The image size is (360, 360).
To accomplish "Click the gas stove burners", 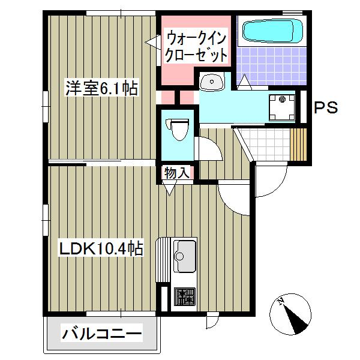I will [184, 296].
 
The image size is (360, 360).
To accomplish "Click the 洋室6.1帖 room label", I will [101, 89].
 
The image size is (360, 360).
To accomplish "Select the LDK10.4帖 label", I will [100, 248].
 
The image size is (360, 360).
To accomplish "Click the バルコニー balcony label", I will [101, 333].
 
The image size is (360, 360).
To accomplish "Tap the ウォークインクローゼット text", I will [196, 47].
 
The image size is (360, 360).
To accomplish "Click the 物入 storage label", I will [177, 173].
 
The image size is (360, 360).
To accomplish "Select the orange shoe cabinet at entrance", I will [298, 143].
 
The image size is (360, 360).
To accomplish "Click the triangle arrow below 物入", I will [169, 188].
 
